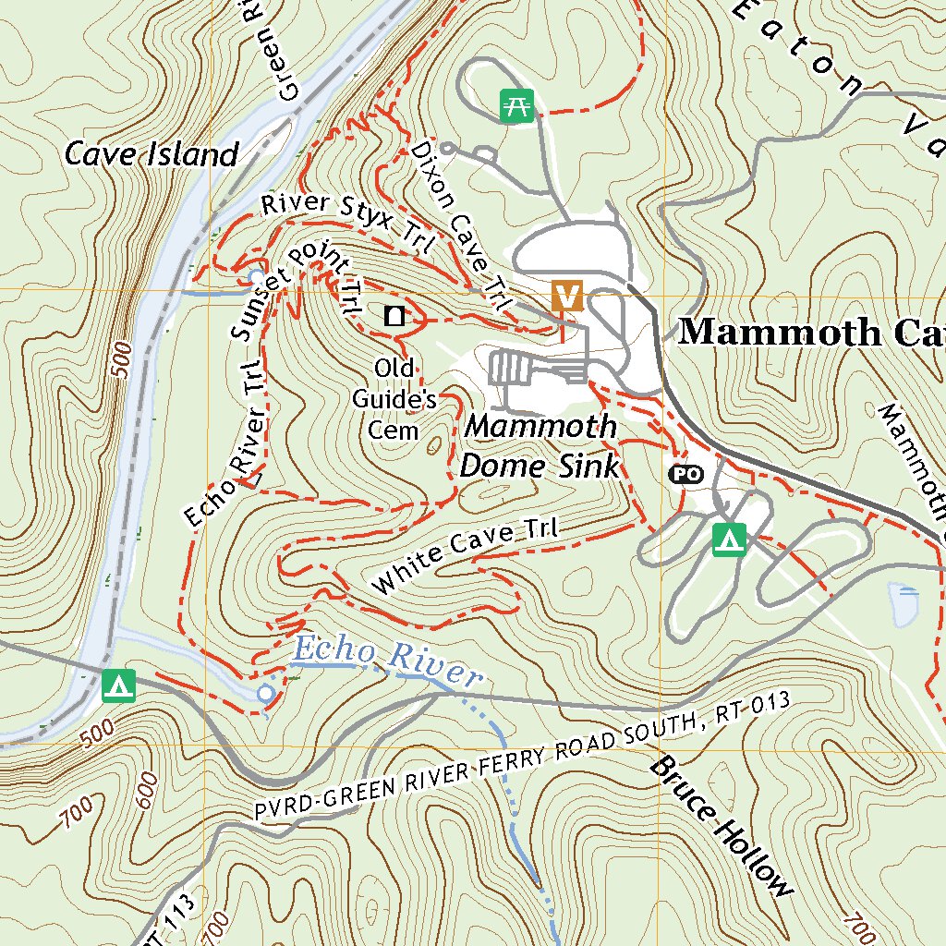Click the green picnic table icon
click(x=516, y=105)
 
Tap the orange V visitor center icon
click(x=567, y=296)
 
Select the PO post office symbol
click(x=685, y=474)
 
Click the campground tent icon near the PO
click(x=730, y=539)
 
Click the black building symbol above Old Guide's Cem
click(x=394, y=316)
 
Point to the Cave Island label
click(x=152, y=154)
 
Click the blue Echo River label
click(x=386, y=661)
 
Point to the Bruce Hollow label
click(x=721, y=825)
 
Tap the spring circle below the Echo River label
click(x=266, y=693)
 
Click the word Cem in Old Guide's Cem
click(x=394, y=431)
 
